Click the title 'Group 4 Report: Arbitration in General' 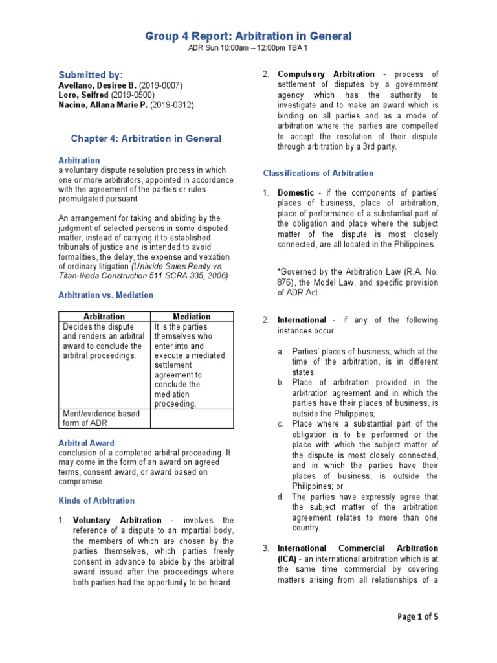click(248, 36)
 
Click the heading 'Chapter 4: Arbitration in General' click(146, 139)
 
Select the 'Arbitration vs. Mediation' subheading click(105, 295)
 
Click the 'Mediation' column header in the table click(192, 317)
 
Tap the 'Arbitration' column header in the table click(104, 317)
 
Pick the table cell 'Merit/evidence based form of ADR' click(101, 418)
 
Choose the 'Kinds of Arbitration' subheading click(96, 500)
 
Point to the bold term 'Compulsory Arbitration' click(326, 74)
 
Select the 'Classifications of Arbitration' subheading click(318, 173)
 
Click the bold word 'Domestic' click(295, 193)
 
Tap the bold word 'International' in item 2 click(302, 320)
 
